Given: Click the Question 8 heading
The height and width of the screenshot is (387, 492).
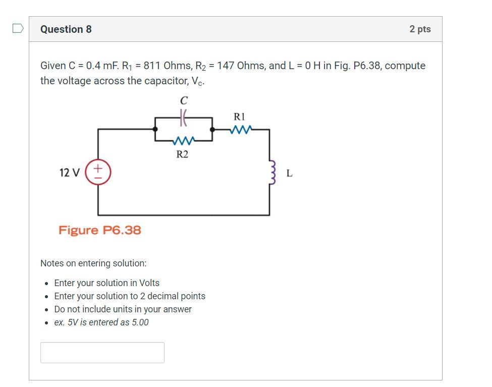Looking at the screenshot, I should [66, 29].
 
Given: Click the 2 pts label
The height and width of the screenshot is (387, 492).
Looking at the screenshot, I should [420, 29].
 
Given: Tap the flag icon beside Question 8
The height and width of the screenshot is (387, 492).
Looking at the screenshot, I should [18, 28].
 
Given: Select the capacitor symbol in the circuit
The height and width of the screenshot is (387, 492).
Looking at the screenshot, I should [184, 118].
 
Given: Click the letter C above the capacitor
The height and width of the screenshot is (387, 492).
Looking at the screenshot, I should [184, 101].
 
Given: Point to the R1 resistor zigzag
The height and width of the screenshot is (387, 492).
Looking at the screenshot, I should [240, 130].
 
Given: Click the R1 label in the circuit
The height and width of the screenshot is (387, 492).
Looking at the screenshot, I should [239, 117].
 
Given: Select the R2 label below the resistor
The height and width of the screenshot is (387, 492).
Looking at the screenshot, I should [182, 154].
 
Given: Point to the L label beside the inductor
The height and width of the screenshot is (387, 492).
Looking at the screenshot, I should [289, 173].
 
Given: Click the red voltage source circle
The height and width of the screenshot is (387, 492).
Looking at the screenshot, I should [98, 172].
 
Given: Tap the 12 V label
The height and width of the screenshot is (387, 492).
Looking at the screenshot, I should [69, 173].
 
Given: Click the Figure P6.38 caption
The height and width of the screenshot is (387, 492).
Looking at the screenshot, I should [99, 230].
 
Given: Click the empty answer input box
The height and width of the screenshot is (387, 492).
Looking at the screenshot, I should [102, 352].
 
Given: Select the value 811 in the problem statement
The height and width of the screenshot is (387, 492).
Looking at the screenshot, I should [152, 66].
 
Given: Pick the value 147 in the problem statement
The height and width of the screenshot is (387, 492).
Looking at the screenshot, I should [226, 66].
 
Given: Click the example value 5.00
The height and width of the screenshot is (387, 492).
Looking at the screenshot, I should [140, 322].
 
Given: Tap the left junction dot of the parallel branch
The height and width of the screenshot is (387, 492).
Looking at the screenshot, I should [155, 129].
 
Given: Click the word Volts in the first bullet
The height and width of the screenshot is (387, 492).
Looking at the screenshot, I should [148, 283].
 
